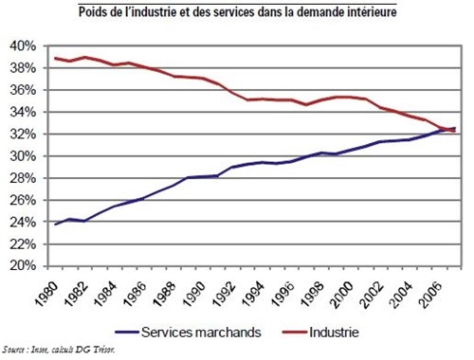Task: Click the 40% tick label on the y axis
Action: tap(22, 45)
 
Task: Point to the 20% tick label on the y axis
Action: tap(22, 266)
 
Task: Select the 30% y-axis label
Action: tap(22, 156)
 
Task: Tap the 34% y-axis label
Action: tap(22, 112)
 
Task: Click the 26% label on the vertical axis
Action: tap(22, 200)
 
